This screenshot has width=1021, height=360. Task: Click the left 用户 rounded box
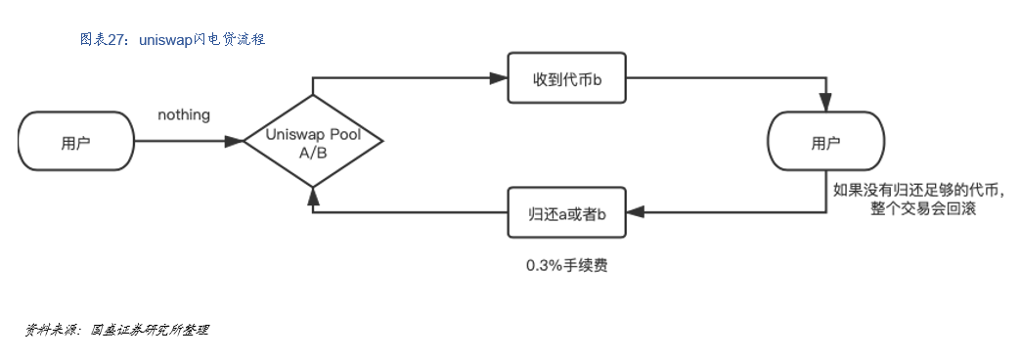(x=75, y=143)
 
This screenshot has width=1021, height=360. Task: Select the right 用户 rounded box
(x=824, y=143)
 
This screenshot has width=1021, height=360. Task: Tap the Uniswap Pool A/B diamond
(x=312, y=142)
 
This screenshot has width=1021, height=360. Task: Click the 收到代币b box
(x=566, y=77)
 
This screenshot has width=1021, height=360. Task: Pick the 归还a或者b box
(x=566, y=211)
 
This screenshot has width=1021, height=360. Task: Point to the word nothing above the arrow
(x=184, y=115)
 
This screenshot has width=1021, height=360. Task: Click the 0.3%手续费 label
(x=566, y=265)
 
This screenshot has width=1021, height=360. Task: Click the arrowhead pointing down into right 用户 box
(x=825, y=103)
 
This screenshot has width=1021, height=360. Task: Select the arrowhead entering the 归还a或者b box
(x=634, y=211)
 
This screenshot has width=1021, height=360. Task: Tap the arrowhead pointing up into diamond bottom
(x=312, y=193)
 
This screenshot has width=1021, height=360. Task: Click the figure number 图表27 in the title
(x=101, y=39)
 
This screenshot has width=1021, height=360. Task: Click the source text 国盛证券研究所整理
(x=150, y=330)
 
